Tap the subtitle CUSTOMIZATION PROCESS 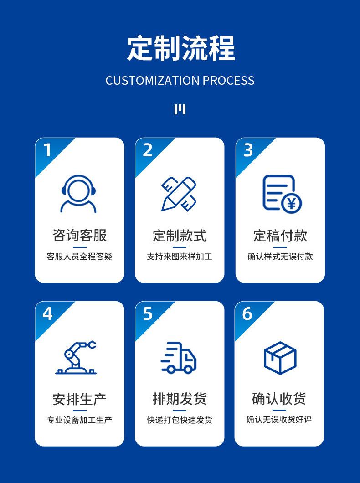click(180, 81)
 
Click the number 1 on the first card click(47, 150)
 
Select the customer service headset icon click(79, 194)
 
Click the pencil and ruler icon click(179, 194)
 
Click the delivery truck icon click(179, 358)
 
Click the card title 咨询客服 click(79, 236)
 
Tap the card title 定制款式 click(180, 236)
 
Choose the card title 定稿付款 click(280, 236)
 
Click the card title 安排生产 click(79, 399)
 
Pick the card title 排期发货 click(180, 399)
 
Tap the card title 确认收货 click(279, 399)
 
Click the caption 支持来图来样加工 click(180, 257)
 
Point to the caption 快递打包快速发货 click(180, 420)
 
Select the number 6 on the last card click(247, 313)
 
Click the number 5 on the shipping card click(148, 313)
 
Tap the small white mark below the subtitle click(180, 109)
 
